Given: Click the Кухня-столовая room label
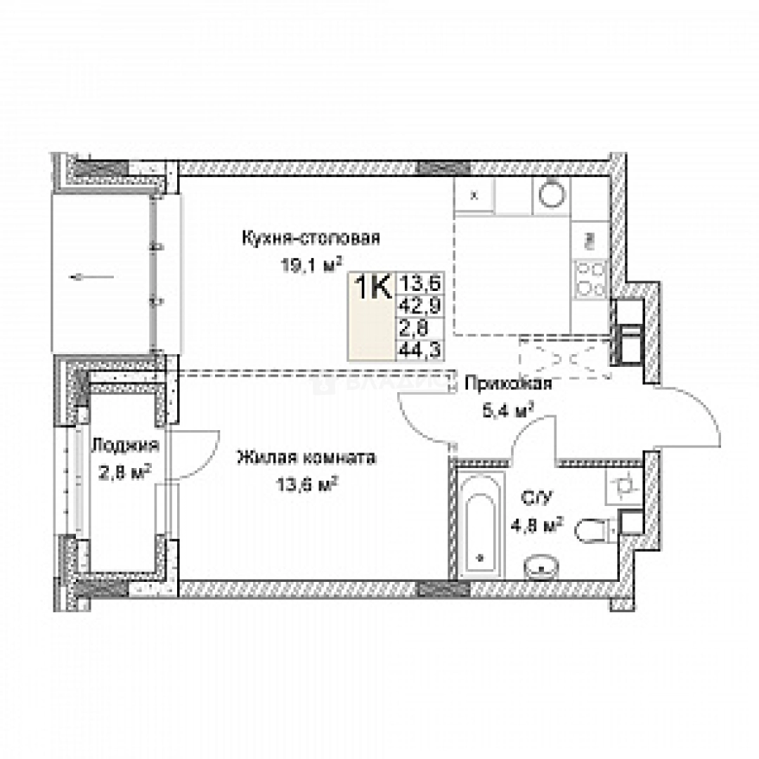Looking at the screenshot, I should (311, 238).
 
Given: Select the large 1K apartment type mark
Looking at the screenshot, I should (372, 287).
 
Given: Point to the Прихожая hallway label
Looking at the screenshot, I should (507, 384).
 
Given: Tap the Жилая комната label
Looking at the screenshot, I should (306, 458).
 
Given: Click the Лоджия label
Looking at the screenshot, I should (125, 446).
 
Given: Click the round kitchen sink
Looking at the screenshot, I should (552, 195).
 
